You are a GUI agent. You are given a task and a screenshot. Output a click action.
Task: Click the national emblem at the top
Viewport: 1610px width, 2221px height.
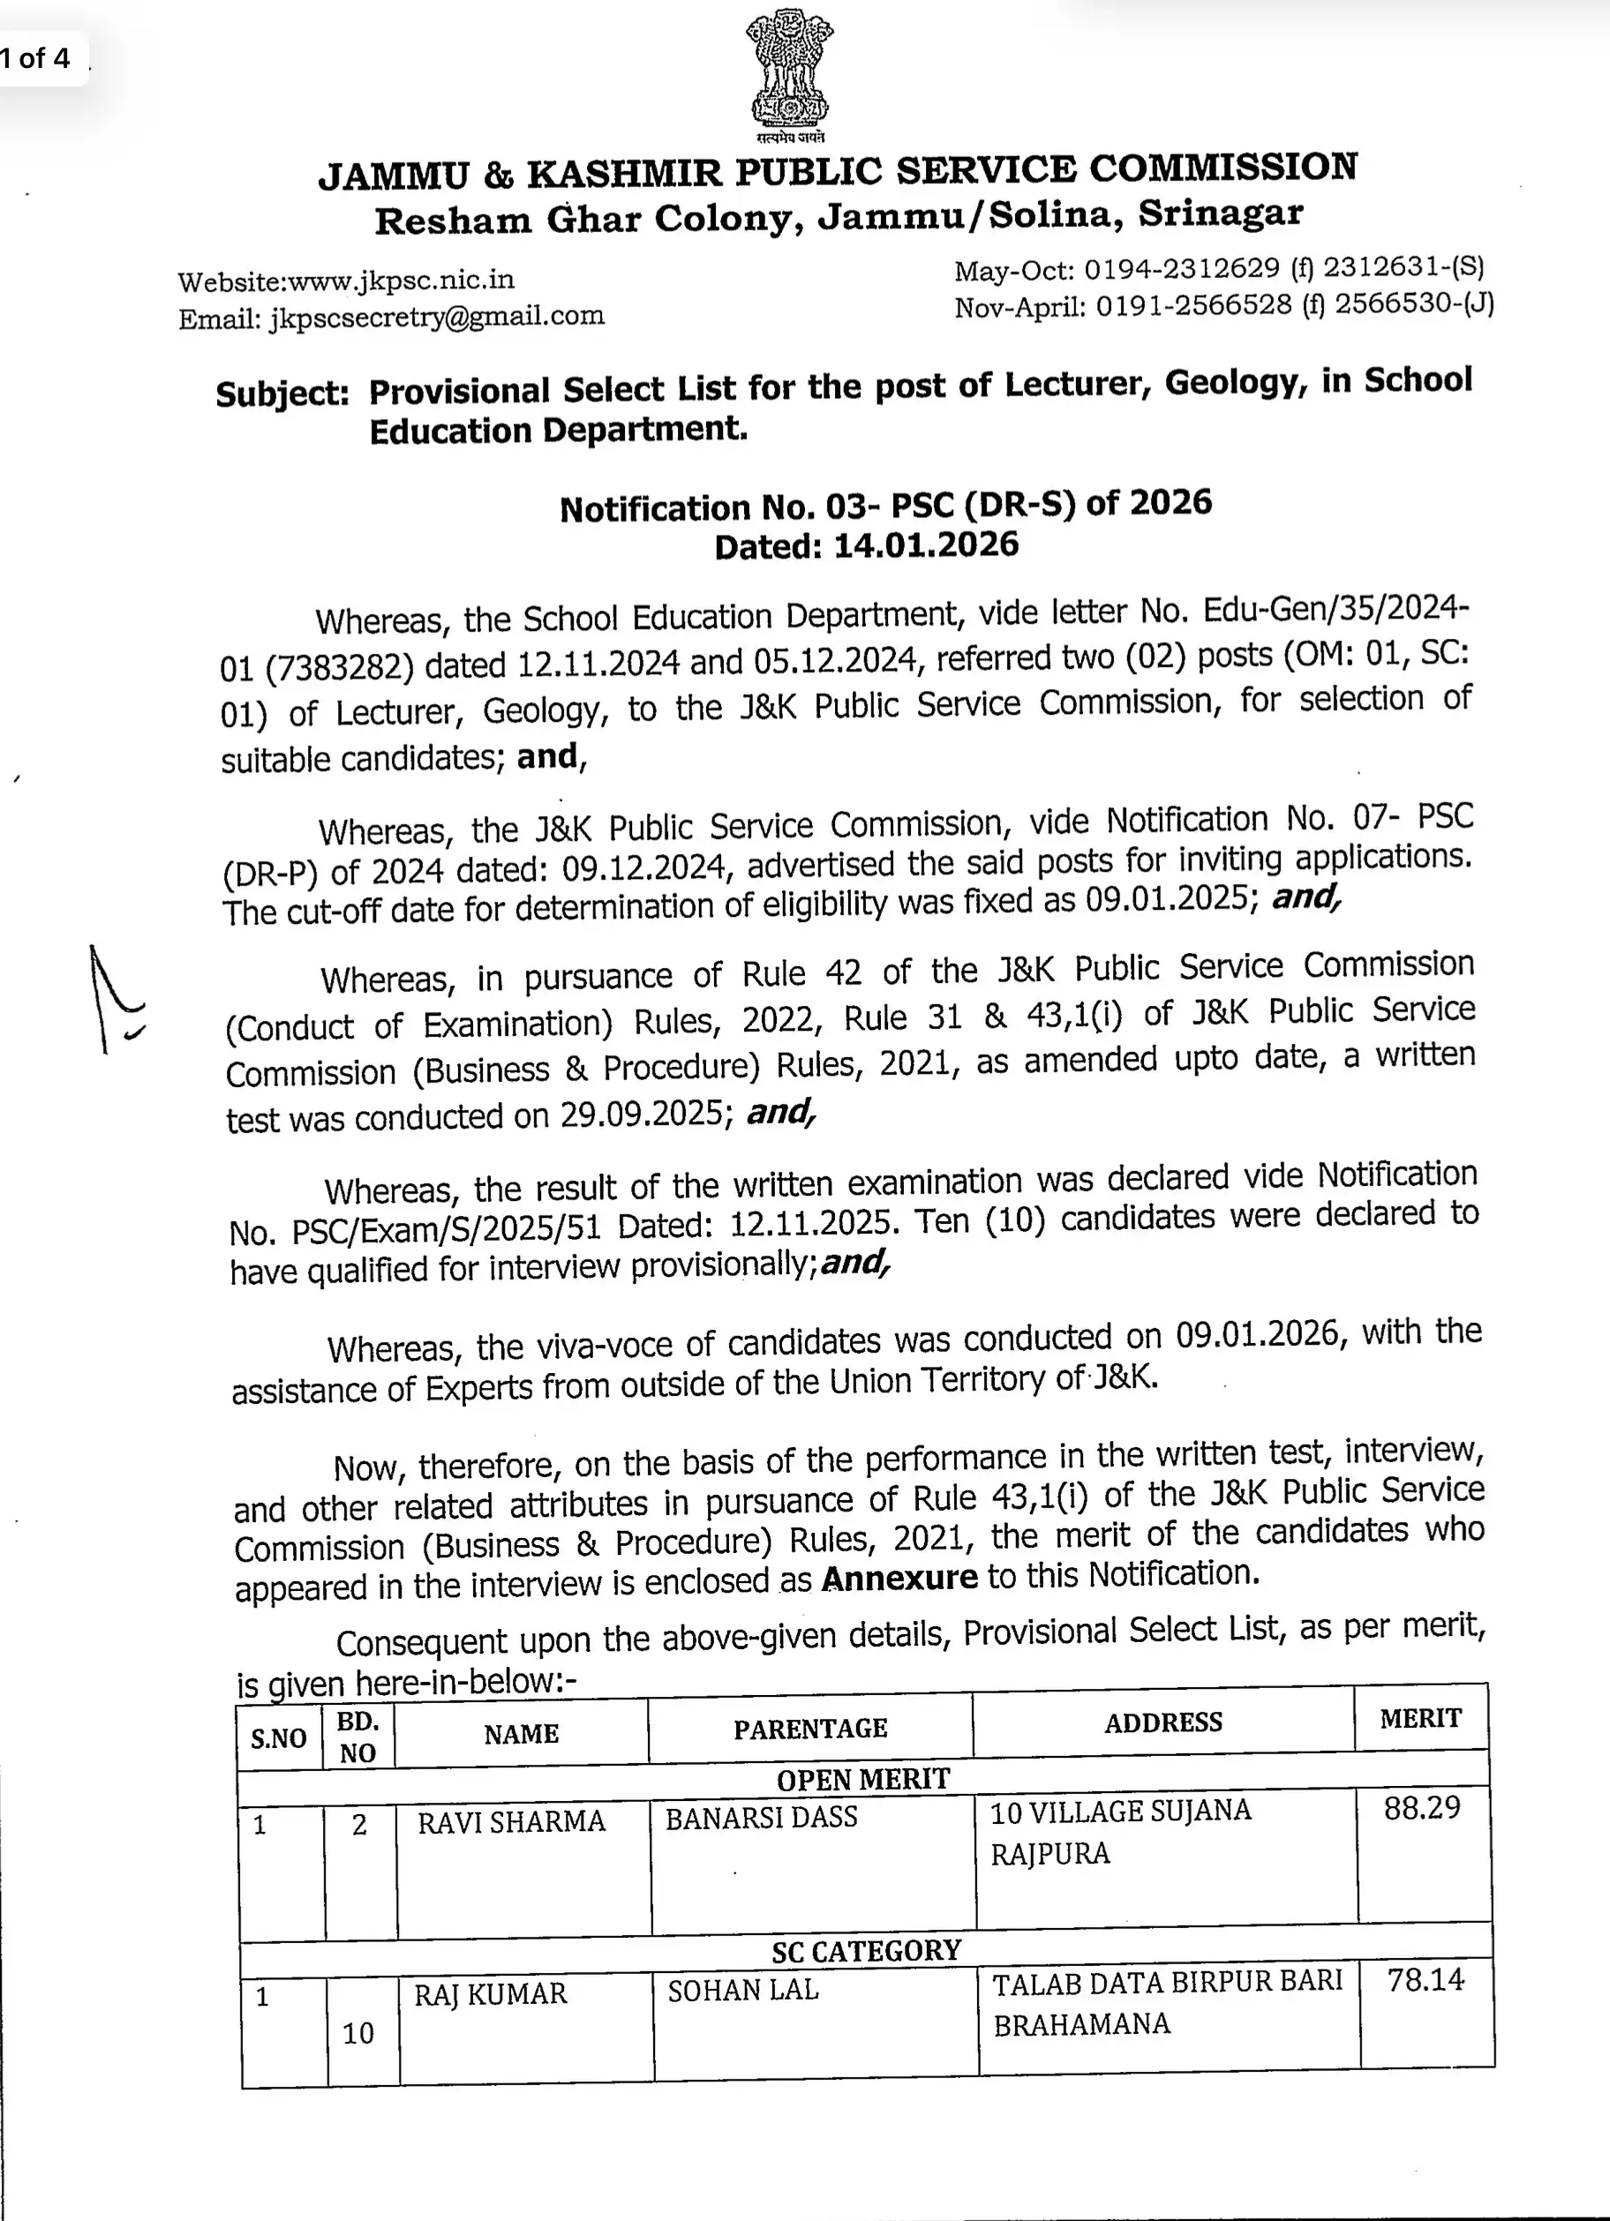pos(788,73)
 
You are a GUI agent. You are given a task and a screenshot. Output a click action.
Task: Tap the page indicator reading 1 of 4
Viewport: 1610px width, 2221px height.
pos(36,59)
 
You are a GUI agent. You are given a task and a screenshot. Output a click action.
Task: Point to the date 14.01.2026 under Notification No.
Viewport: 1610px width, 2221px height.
pos(925,545)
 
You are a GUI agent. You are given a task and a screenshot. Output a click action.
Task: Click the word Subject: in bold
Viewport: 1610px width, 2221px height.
pos(282,394)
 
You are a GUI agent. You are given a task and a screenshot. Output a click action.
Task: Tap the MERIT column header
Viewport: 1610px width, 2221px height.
pos(1420,1719)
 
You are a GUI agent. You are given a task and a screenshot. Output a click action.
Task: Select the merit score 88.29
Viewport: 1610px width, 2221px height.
pos(1421,1808)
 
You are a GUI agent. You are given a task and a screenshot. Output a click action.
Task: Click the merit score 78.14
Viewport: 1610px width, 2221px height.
pos(1425,1980)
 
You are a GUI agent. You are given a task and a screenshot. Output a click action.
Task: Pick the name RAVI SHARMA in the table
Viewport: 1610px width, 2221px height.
pos(511,1822)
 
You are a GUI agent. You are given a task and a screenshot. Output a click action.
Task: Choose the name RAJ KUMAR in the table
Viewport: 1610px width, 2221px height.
pos(490,1994)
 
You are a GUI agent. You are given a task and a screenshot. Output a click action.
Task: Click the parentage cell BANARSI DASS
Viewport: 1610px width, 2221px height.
pos(761,1819)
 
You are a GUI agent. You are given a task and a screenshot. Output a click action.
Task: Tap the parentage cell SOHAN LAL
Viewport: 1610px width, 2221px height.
pos(742,1990)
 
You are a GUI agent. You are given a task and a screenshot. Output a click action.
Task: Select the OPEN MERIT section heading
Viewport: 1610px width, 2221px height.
pos(862,1778)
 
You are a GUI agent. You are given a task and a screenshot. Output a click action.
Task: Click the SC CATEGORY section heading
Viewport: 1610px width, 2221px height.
pos(866,1951)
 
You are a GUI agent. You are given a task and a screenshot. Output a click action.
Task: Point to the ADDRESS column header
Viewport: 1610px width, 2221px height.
pos(1163,1722)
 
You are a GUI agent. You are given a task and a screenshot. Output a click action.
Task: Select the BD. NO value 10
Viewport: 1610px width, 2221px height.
pos(358,2033)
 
